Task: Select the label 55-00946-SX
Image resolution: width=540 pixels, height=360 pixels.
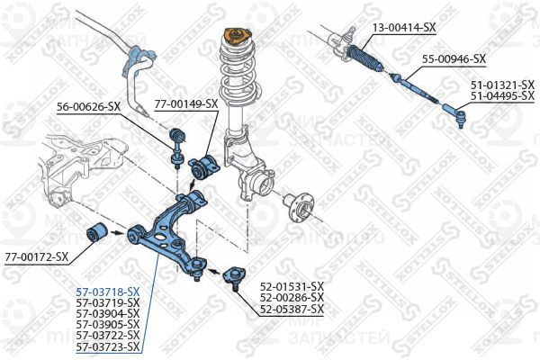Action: [454, 59]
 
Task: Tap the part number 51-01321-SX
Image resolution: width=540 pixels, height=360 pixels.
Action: [502, 85]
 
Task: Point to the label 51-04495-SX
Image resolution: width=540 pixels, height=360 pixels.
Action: [502, 95]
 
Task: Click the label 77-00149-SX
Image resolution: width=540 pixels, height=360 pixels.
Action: [186, 103]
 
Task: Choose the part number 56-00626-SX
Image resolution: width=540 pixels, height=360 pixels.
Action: [89, 107]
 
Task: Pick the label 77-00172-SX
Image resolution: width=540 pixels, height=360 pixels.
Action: [37, 257]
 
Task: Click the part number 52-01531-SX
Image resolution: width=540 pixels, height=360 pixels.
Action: [292, 286]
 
